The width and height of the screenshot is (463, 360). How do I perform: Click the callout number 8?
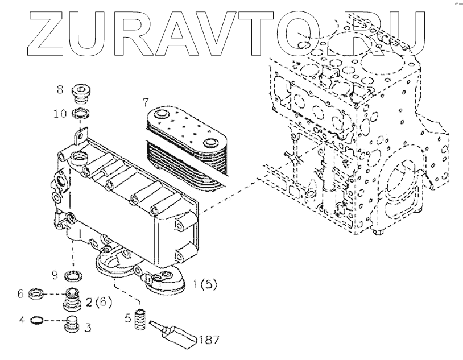point(60,89)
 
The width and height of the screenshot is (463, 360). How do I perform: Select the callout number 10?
point(60,114)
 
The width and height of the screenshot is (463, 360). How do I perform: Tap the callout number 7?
point(146,103)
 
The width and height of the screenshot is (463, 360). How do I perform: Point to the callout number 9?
point(55,275)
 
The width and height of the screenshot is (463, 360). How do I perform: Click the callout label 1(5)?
point(205,283)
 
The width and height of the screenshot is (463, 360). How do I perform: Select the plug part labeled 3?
point(71,325)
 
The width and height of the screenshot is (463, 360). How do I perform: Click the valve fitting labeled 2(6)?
point(72,297)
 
